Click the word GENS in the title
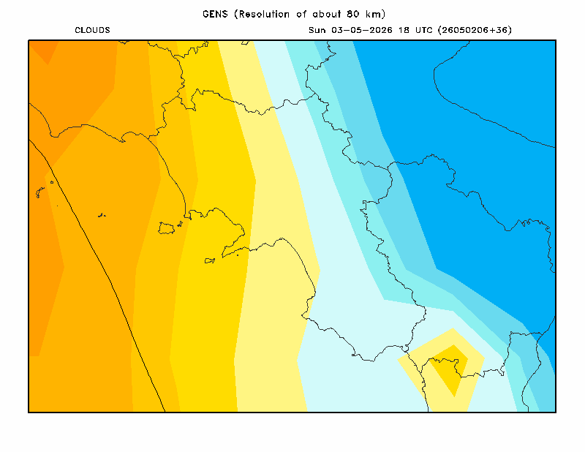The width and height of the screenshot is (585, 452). click(x=215, y=14)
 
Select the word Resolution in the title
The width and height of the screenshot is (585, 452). click(x=264, y=14)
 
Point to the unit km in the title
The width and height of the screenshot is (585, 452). click(x=372, y=14)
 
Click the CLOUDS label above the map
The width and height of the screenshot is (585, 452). click(x=93, y=30)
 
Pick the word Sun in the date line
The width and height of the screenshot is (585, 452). click(x=317, y=30)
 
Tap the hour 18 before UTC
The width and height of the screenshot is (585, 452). click(x=404, y=30)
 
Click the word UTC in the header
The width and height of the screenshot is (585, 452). click(x=424, y=30)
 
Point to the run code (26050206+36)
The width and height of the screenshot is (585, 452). click(x=475, y=30)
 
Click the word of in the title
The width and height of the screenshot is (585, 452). click(x=301, y=14)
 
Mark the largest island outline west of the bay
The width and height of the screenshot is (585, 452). click(x=166, y=228)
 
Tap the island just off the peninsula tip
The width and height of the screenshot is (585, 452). click(x=210, y=260)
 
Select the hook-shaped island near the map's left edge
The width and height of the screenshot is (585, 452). click(x=39, y=192)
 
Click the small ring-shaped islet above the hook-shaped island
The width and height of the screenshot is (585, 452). click(x=52, y=182)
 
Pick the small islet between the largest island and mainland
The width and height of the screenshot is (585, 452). click(x=180, y=224)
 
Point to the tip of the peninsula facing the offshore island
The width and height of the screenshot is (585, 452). click(x=223, y=257)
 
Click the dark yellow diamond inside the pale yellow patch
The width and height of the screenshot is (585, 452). click(x=449, y=369)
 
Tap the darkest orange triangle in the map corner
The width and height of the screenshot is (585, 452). click(x=42, y=50)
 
